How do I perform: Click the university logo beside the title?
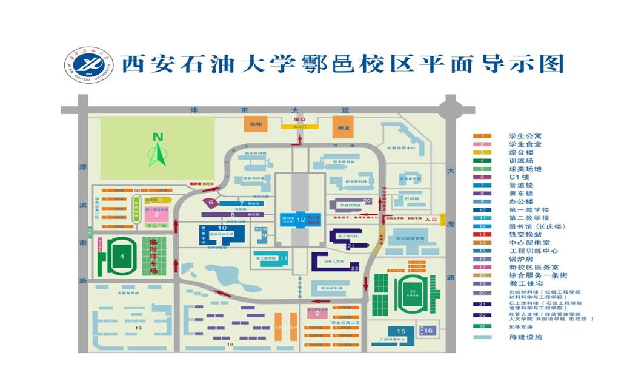[89, 65]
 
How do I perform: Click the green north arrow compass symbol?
[158, 150]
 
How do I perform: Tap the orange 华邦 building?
[256, 125]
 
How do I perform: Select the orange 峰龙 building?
[342, 127]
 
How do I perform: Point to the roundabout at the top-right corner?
[451, 110]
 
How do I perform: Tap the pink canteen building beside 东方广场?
[156, 214]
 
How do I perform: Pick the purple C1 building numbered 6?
[211, 203]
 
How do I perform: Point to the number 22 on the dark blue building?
[354, 268]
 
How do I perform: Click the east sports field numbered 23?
[413, 292]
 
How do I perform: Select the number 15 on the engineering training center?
[400, 331]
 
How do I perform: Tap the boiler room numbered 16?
[428, 330]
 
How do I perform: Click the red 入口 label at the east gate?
[431, 219]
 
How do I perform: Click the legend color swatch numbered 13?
[482, 234]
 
